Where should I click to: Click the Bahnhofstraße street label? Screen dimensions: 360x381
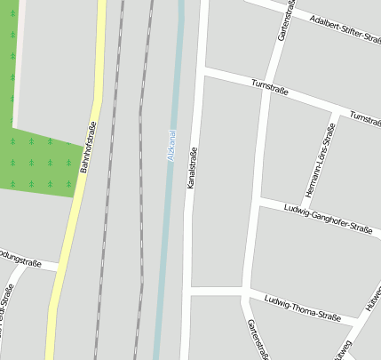coord(89,148)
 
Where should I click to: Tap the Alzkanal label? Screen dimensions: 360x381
coord(171,146)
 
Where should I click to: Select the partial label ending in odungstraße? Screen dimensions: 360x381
coord(27,258)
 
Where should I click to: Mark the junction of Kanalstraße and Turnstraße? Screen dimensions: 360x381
coord(202,69)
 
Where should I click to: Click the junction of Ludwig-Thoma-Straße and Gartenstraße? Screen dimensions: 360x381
coord(244,292)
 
